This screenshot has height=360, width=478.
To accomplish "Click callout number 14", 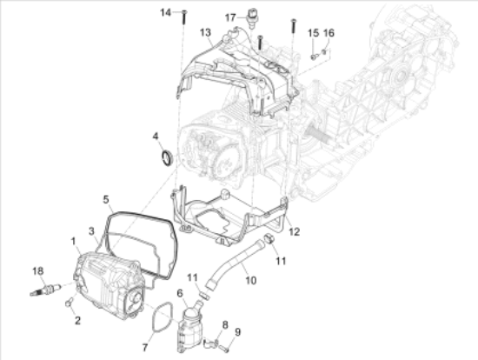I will click(165, 11).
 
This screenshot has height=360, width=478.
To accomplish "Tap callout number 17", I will click(231, 17).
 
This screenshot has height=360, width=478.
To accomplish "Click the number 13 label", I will click(206, 32).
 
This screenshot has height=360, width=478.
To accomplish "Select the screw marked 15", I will click(313, 55).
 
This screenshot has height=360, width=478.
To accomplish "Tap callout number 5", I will click(105, 198).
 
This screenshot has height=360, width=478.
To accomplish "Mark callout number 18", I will click(37, 270).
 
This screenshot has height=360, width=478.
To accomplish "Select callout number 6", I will click(180, 294).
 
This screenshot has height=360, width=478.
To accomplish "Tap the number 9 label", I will click(237, 331).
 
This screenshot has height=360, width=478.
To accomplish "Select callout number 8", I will click(224, 324).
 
